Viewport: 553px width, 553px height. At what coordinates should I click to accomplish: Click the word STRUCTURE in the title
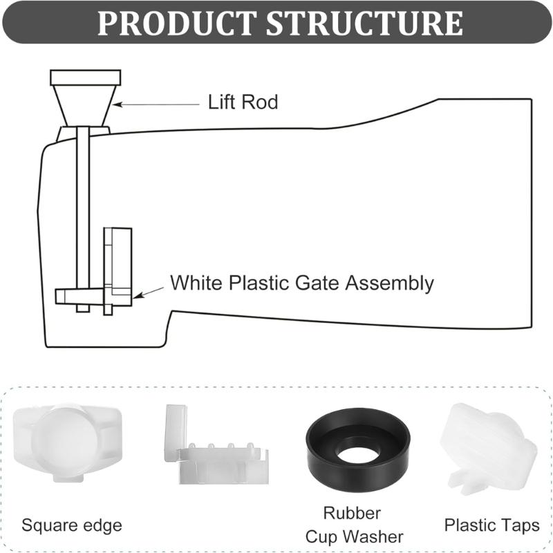[x=365, y=23]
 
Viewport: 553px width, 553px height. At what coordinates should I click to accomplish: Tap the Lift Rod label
[x=243, y=103]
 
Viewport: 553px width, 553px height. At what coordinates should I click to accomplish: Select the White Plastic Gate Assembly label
[x=301, y=283]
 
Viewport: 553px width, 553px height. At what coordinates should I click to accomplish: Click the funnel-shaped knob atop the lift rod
[x=85, y=97]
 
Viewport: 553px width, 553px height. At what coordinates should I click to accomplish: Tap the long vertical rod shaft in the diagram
[x=83, y=207]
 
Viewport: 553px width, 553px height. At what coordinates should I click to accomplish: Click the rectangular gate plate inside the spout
[x=117, y=266]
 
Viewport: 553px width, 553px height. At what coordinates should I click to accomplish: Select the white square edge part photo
[x=67, y=443]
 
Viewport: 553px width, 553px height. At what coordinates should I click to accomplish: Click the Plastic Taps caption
[x=491, y=525]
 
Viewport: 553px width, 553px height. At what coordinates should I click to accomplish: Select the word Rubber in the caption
[x=352, y=514]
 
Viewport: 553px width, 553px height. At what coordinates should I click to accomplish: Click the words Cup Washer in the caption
[x=354, y=536]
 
